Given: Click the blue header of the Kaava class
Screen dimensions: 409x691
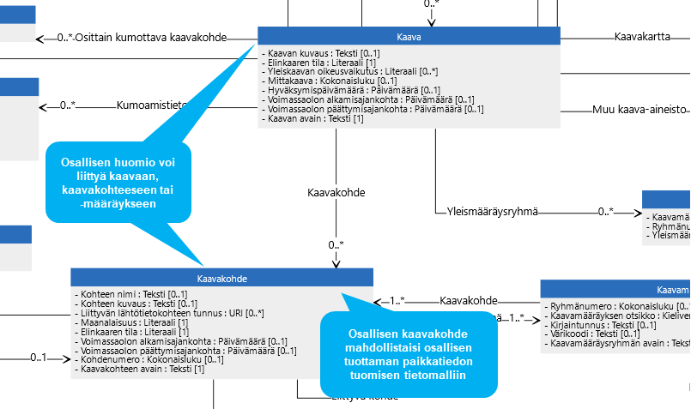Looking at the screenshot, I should tap(409, 36).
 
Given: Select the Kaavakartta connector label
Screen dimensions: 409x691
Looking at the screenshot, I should tap(643, 37).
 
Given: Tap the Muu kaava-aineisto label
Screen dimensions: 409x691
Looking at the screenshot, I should tap(640, 110).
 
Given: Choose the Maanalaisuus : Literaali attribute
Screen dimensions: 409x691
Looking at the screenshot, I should tap(131, 322).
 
